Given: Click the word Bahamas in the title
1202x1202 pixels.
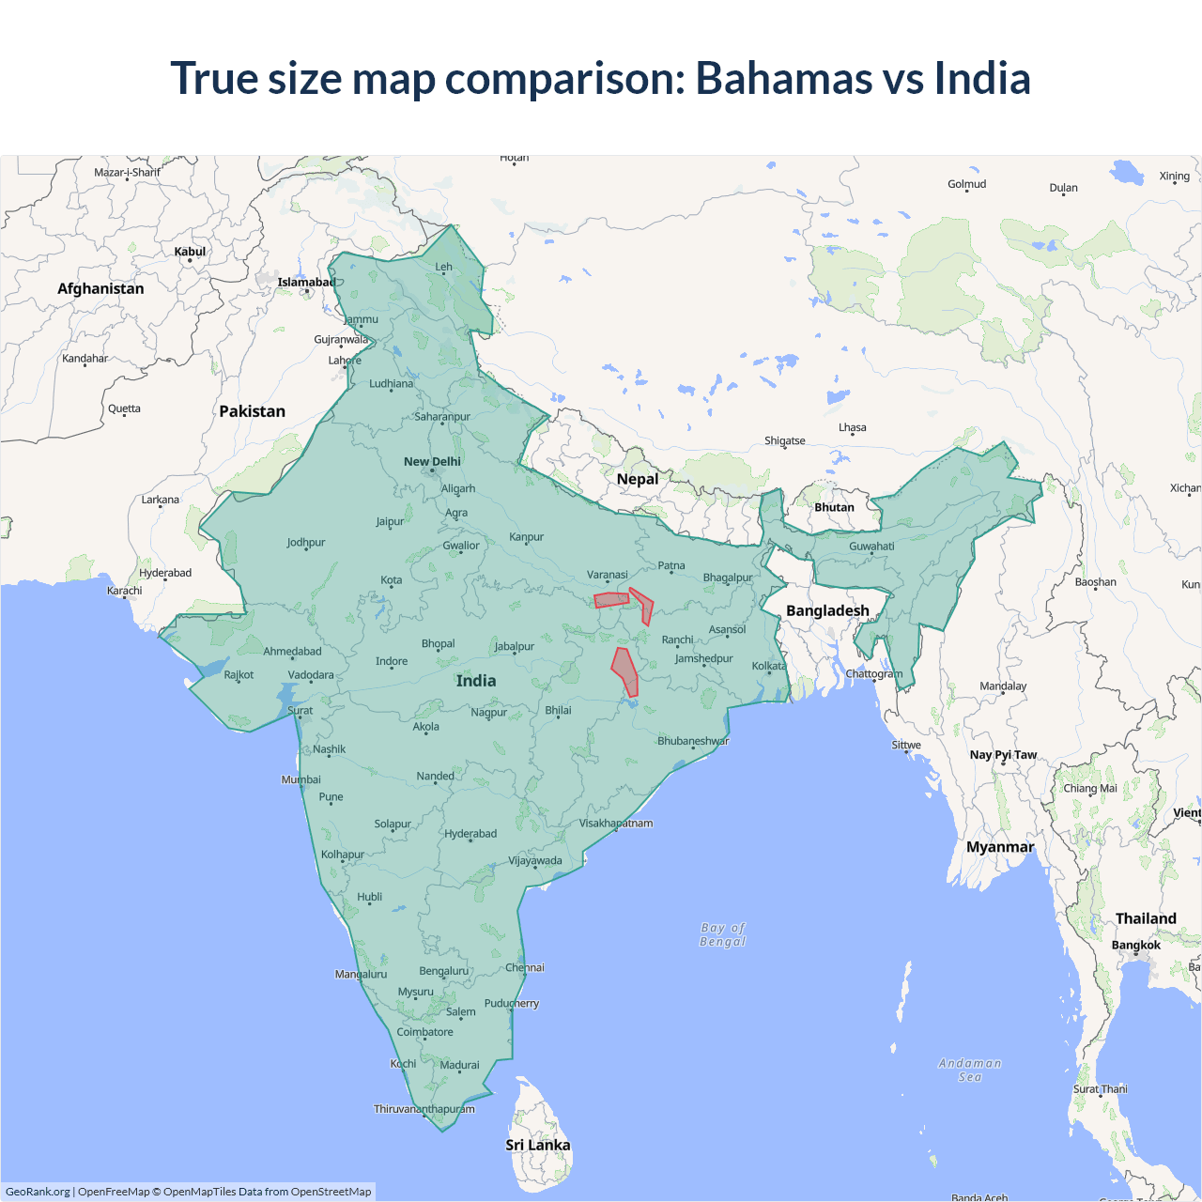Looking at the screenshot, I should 784,78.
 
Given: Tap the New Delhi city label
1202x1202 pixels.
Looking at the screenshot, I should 432,461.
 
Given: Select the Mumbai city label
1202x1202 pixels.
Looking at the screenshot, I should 300,779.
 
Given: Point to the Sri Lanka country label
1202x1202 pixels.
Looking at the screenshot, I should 537,1145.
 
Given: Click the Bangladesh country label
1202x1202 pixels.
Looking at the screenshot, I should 827,610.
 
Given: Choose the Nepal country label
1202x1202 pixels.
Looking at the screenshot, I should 638,479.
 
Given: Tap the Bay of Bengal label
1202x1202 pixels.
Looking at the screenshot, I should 723,934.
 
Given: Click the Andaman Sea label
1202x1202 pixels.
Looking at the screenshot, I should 970,1070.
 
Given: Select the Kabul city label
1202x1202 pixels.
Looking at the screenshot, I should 190,252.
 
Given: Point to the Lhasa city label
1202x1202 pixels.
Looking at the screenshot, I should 853,427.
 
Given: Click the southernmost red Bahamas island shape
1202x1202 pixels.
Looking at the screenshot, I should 625,671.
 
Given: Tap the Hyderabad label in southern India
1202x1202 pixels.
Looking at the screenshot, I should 470,834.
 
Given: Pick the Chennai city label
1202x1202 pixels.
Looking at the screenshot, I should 525,967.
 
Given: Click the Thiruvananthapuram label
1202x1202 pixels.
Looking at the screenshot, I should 424,1109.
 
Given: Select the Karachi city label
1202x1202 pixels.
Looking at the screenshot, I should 125,591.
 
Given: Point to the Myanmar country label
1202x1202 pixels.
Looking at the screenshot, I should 1000,847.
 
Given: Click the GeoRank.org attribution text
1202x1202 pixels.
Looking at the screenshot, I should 38,1192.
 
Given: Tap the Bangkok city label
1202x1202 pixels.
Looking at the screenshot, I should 1136,945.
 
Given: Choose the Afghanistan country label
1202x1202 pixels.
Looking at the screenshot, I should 100,288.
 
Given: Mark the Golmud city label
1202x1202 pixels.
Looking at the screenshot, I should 966,184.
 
